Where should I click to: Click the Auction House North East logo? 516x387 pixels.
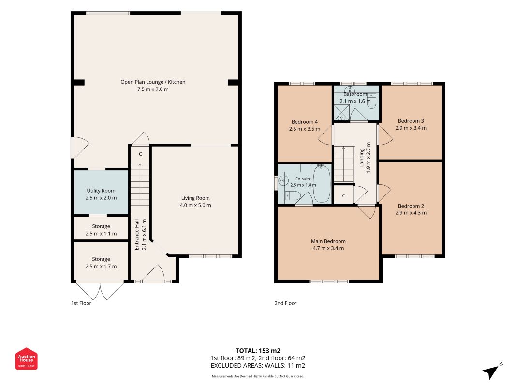pos(26,358)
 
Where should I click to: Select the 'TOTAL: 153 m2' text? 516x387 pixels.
pos(258,351)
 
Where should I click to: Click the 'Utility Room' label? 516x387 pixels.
pos(101,191)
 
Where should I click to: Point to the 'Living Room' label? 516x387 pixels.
pos(195,198)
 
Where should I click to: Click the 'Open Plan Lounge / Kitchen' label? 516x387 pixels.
pos(153,82)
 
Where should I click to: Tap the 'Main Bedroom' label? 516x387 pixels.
pos(328,241)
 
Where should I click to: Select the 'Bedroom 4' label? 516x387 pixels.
pos(305,122)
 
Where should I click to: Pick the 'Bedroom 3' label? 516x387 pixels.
pos(411,121)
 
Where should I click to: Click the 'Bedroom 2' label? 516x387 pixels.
pos(411,206)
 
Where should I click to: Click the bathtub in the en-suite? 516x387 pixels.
pos(322,184)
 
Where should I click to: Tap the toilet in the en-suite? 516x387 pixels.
pos(292,196)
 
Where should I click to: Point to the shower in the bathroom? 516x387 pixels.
pos(342,113)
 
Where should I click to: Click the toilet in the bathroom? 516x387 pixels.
pos(371,101)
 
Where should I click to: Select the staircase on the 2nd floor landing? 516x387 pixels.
pos(344,164)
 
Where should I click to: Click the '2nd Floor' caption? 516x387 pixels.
pos(285,303)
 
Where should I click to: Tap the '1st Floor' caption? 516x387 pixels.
pos(81,303)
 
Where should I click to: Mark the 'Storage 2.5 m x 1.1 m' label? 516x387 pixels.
pos(101,230)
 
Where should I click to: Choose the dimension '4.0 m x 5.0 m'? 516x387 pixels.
pos(195,205)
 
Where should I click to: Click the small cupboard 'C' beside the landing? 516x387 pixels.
pos(343,196)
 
